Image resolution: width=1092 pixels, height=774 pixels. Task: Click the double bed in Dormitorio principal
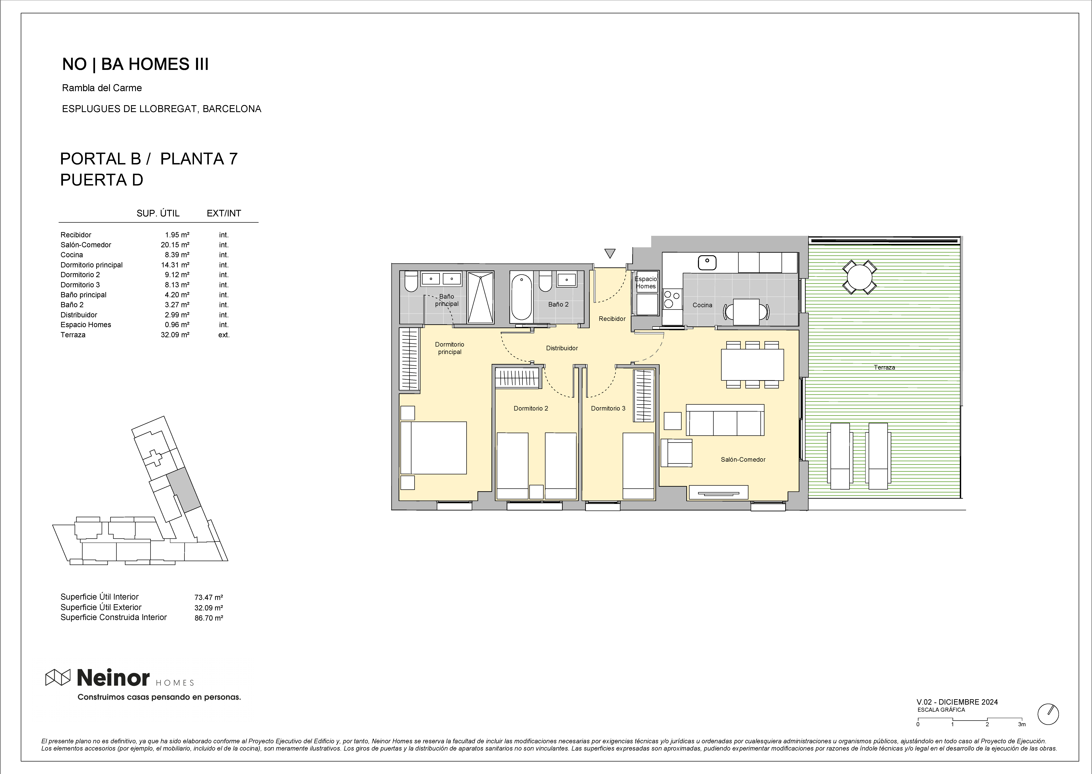click(433, 448)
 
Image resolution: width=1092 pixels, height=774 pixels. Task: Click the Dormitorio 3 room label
click(608, 409)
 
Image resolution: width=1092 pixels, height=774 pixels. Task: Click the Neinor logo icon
click(58, 677)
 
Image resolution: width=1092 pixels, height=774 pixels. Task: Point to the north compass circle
click(1049, 714)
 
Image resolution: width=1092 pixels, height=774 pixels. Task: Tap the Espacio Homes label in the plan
click(646, 283)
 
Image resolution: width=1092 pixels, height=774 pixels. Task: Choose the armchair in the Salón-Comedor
click(676, 453)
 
